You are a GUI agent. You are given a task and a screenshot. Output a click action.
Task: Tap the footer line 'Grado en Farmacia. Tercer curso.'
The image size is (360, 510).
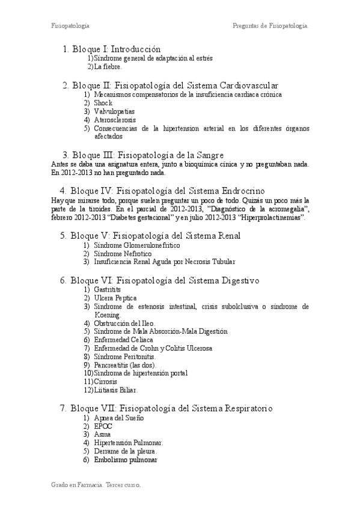point(96,484)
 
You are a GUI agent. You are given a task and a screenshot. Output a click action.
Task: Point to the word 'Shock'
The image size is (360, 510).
point(103,103)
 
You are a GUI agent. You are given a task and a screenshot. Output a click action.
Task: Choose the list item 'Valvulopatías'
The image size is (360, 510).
point(114,111)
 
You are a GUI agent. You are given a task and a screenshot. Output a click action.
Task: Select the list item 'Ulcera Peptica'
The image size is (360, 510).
point(115,298)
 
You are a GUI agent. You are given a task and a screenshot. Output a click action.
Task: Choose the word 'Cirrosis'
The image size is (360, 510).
point(106,382)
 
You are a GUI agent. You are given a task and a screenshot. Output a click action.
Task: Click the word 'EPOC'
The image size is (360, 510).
point(103,426)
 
